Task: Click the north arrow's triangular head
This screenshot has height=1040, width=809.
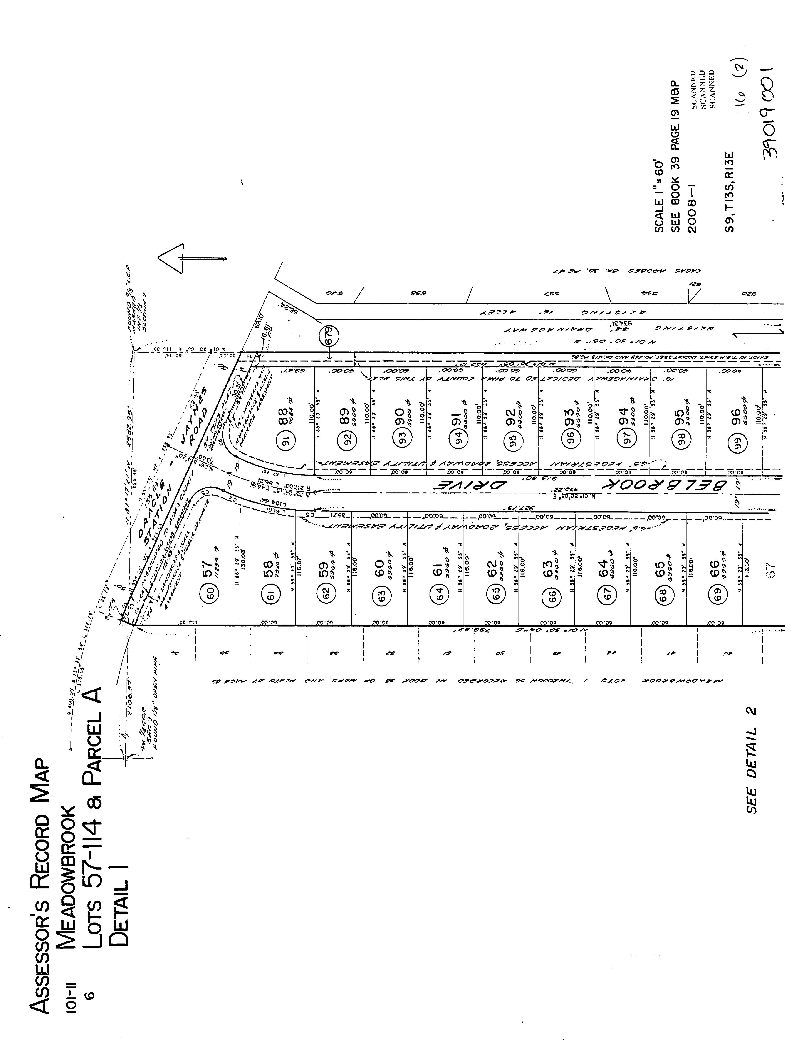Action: [x=171, y=259]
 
